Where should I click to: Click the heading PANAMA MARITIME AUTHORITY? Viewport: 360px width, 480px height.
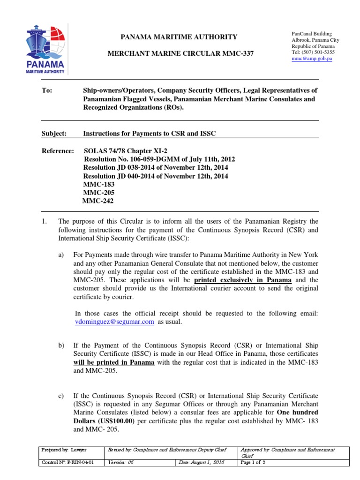click(x=173, y=37)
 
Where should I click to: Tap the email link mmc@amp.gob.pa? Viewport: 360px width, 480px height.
click(x=312, y=59)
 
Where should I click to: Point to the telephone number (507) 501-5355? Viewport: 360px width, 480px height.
click(x=318, y=52)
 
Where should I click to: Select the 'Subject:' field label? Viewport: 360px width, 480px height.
click(x=54, y=134)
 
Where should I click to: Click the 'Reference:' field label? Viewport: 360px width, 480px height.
click(x=58, y=151)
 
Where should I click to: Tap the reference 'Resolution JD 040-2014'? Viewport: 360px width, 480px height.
click(x=155, y=176)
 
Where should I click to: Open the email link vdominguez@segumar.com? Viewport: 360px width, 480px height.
click(x=114, y=322)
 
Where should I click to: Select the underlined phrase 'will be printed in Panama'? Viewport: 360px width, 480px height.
click(x=113, y=363)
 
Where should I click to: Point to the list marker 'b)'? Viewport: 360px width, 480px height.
click(x=61, y=346)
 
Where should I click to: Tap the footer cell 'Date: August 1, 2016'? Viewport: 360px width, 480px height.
click(x=202, y=463)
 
